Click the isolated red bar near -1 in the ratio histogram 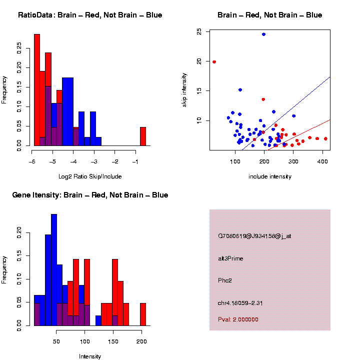(x=143, y=136)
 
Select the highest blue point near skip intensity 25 (x=263, y=34)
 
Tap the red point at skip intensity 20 (x=214, y=62)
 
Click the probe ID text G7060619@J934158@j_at (x=254, y=236)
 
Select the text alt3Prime (x=230, y=258)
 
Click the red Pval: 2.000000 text (x=238, y=319)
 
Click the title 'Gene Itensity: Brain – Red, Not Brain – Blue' (x=90, y=195)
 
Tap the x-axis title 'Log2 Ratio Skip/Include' (x=89, y=176)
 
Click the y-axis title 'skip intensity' (x=184, y=90)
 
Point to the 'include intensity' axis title (x=270, y=176)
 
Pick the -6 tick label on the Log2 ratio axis (x=32, y=162)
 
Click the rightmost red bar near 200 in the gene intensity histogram (x=143, y=314)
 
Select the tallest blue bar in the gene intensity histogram (x=54, y=270)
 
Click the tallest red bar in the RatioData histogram (x=37, y=90)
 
